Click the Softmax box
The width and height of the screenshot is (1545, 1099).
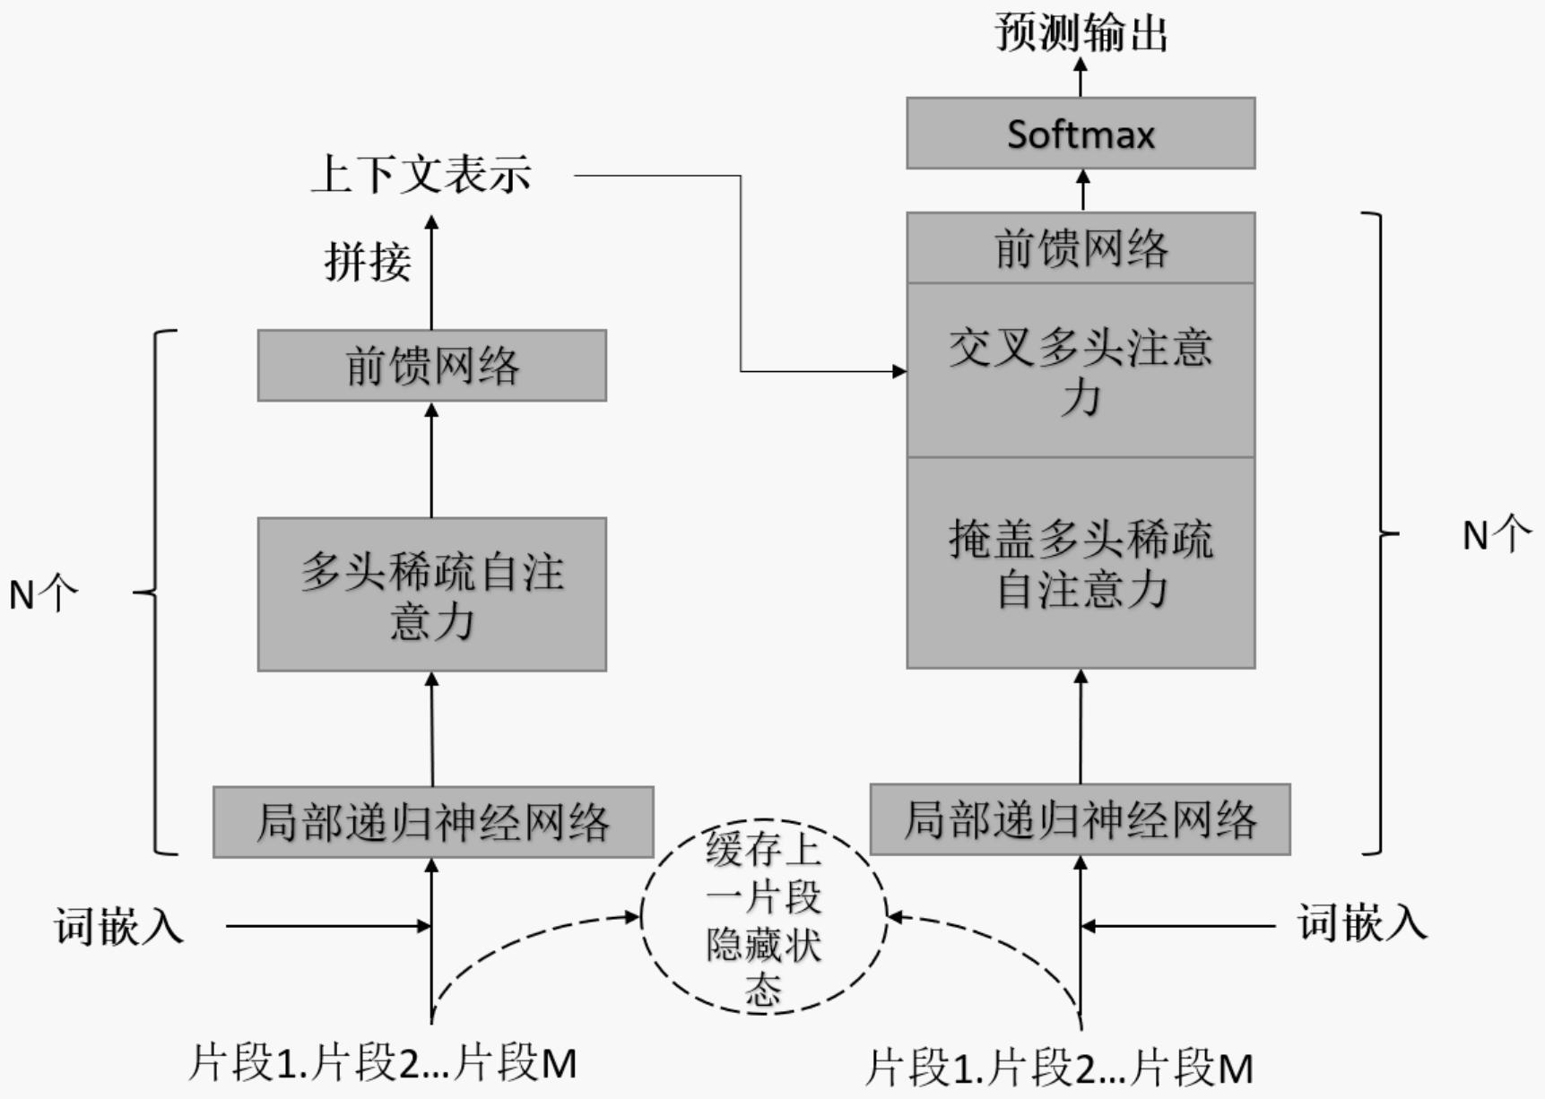point(1081,134)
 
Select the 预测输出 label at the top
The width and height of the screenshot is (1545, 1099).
point(1081,33)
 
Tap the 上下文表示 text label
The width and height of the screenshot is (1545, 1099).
point(421,174)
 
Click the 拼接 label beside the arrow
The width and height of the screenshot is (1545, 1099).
point(368,263)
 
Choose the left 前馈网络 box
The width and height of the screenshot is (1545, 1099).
point(431,366)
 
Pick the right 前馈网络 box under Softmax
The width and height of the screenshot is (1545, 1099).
point(1081,248)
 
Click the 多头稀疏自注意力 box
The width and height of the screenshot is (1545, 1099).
point(431,594)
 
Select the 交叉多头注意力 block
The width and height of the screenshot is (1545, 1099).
point(1081,370)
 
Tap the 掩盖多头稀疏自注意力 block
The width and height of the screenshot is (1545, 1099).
point(1081,563)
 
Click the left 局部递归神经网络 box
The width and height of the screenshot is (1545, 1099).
point(433,822)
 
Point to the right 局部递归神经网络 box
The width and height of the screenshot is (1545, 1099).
point(1080,819)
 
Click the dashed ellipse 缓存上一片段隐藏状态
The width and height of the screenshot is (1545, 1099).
point(764,916)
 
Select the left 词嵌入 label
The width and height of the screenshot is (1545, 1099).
point(118,925)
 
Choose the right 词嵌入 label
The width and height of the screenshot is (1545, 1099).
point(1361,922)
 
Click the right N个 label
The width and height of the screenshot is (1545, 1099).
point(1496,535)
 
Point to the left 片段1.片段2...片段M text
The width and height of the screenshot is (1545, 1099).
point(382,1063)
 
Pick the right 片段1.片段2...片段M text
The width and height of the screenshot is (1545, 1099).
point(1058,1068)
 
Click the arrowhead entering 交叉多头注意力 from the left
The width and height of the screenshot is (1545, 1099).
point(898,370)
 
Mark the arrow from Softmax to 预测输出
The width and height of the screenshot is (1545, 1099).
point(1081,75)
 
